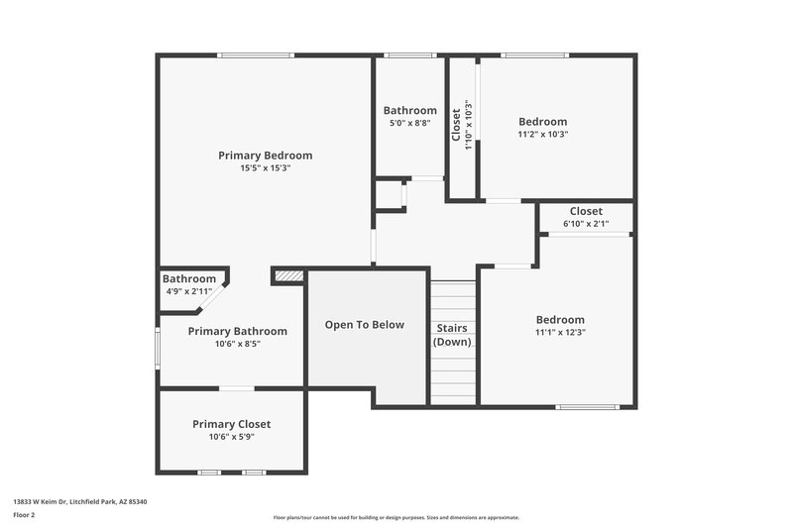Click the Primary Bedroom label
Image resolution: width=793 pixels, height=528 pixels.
(x=265, y=156)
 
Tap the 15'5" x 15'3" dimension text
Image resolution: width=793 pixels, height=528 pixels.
(x=265, y=168)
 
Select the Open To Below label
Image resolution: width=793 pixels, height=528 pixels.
(x=365, y=325)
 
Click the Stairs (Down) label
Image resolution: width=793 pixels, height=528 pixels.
(x=452, y=335)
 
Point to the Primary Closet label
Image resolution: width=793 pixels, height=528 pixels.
(x=231, y=424)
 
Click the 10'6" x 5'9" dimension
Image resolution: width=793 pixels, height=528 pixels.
(x=231, y=437)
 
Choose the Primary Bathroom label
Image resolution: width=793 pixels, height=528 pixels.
(x=237, y=331)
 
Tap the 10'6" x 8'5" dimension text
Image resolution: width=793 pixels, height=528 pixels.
(x=237, y=344)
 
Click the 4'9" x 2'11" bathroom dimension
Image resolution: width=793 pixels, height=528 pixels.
(x=188, y=291)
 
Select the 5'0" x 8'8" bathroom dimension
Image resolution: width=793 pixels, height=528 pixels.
(x=409, y=124)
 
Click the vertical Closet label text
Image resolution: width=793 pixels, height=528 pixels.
(x=457, y=126)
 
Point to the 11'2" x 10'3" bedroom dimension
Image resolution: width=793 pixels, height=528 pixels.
(x=542, y=134)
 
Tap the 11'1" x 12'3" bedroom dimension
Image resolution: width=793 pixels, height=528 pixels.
(x=560, y=333)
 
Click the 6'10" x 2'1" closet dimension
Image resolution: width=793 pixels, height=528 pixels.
(x=586, y=224)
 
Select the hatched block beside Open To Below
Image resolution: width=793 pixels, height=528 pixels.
(x=287, y=276)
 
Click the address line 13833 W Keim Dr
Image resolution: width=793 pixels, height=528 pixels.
(x=79, y=502)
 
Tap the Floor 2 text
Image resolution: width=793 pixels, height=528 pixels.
(x=24, y=515)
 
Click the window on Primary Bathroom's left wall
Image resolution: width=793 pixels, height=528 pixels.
(x=158, y=348)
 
